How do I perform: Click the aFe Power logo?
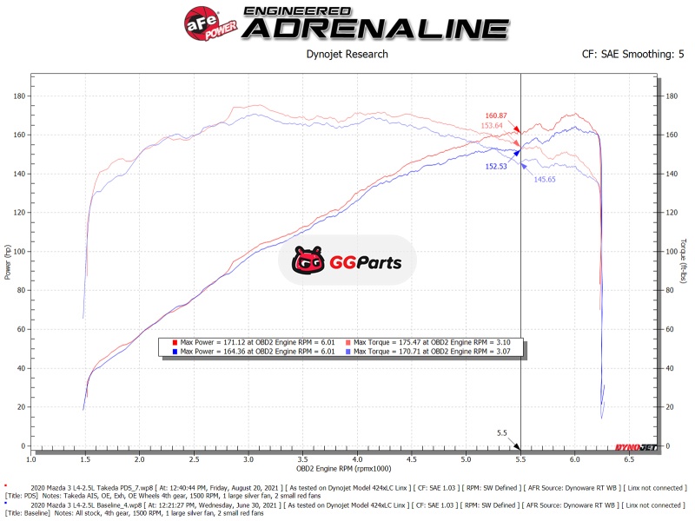(210, 22)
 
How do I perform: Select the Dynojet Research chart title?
(347, 54)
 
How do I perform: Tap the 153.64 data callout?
(492, 126)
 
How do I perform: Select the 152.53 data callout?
(496, 166)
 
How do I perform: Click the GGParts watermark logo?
(347, 260)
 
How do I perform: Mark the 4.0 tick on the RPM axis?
(357, 458)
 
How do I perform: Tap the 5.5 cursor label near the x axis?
(501, 432)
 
